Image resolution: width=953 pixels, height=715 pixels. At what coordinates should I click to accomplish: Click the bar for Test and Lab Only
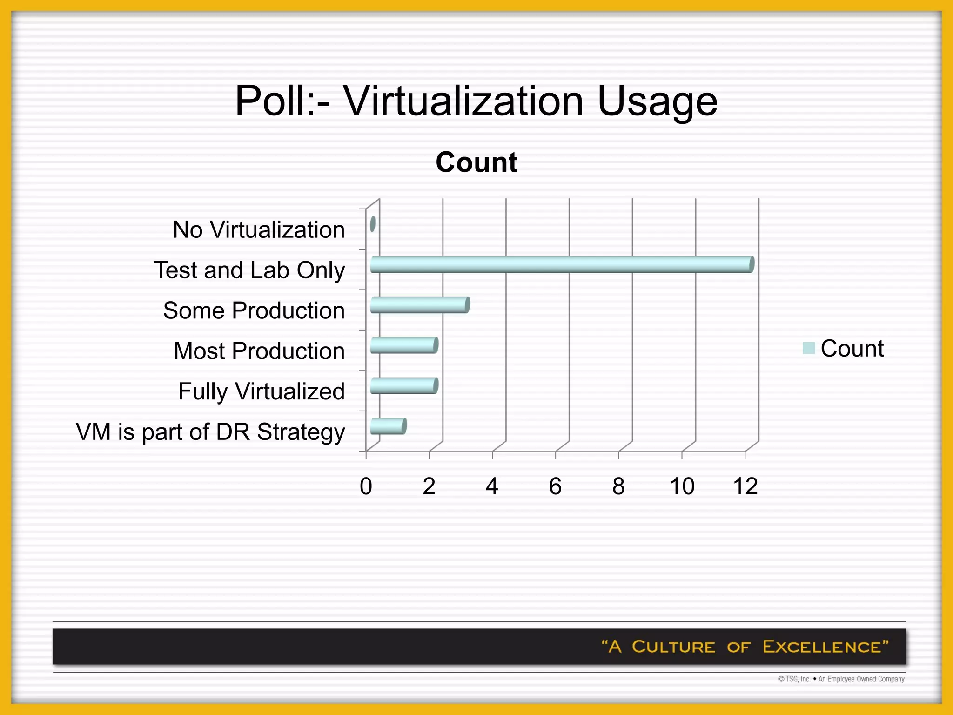point(562,264)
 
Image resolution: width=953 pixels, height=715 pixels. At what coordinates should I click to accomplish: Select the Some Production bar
point(420,305)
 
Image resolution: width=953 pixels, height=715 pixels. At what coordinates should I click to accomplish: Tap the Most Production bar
point(404,345)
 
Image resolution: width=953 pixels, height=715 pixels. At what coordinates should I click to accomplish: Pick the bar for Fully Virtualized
point(404,386)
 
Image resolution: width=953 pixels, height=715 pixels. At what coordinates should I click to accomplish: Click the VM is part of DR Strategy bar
point(388,426)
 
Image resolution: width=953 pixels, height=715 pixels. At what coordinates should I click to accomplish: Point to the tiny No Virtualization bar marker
point(373,224)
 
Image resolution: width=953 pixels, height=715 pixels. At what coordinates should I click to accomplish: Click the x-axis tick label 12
point(745,486)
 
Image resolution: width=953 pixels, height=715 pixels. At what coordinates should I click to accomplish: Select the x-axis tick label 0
point(366,486)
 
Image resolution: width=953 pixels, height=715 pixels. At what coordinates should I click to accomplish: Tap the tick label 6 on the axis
point(555,486)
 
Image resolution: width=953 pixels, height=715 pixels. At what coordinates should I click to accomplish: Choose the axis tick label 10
point(682,486)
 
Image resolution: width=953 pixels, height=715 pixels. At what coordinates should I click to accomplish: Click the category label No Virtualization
point(259,229)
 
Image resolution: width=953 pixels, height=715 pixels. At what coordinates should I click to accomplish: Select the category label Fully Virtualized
point(261,391)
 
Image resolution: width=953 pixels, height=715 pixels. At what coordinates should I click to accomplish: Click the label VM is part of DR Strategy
point(210,432)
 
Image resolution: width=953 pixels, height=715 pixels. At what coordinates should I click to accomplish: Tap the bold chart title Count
point(476,162)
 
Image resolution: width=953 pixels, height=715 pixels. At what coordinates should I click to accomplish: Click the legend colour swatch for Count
point(809,348)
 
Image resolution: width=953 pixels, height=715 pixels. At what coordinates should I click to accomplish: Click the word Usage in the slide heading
point(657,101)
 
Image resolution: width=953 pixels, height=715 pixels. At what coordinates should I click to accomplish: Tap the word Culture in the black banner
point(673,647)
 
